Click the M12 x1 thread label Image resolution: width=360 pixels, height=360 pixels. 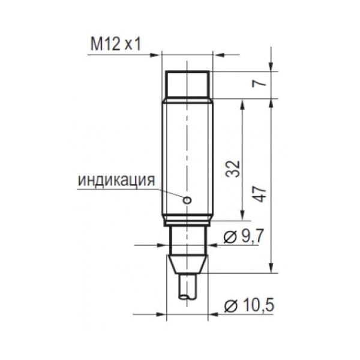(x=115, y=44)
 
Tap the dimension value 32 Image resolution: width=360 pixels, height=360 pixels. (x=233, y=169)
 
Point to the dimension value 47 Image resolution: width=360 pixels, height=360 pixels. (x=260, y=194)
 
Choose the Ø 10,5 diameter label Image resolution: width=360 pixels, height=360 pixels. (x=249, y=306)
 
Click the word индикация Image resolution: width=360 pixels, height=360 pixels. (x=116, y=180)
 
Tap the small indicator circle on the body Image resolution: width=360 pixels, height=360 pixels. (x=187, y=200)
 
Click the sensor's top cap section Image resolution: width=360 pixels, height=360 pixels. (x=188, y=84)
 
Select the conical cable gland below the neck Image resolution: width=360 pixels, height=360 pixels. (x=187, y=265)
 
